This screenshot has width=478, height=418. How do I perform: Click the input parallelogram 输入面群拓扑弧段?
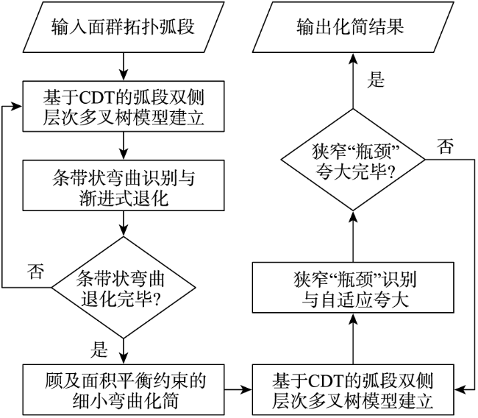point(124,26)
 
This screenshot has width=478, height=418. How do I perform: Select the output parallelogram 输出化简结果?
point(353,26)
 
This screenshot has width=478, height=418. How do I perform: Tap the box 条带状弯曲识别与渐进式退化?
point(124,185)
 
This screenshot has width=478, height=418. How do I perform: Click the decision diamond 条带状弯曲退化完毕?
point(124,288)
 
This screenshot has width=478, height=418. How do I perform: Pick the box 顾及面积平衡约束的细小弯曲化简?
point(124,389)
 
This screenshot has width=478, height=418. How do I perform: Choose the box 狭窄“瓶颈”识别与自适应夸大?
point(353,288)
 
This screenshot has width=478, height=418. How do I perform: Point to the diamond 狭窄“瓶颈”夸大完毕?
point(353,160)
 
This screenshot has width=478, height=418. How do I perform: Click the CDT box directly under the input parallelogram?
point(124,106)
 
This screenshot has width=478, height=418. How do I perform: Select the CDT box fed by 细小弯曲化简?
point(353,389)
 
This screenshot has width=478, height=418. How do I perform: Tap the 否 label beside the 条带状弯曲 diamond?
point(35,271)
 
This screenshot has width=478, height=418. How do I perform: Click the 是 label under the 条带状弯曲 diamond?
point(99,350)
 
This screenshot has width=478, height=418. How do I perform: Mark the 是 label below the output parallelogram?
point(376,80)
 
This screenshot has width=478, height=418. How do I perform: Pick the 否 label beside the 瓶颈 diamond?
point(445,146)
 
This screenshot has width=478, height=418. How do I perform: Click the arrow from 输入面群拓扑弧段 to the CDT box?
point(124,67)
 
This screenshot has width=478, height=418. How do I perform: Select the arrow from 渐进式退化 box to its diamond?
point(124,224)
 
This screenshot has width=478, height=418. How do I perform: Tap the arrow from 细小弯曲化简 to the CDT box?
point(238,389)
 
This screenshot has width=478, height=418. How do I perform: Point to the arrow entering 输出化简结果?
point(353,80)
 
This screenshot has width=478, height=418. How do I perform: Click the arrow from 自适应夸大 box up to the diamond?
point(353,236)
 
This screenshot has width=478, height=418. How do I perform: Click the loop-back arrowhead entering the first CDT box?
point(17,106)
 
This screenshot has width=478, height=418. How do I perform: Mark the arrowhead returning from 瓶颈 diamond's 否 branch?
point(460,389)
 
